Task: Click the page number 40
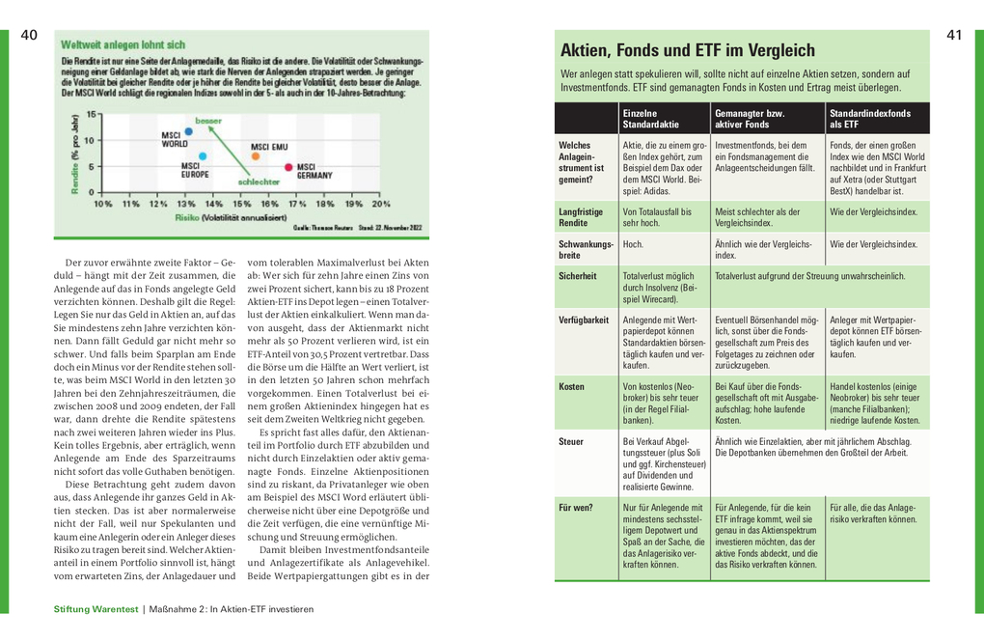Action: click(28, 36)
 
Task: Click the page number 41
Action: click(955, 36)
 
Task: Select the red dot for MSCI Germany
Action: click(288, 168)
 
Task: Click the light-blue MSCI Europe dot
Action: click(203, 155)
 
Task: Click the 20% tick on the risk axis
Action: click(381, 205)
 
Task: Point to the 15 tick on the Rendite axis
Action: click(93, 114)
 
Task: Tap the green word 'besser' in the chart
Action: click(208, 120)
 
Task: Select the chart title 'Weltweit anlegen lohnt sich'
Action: click(123, 44)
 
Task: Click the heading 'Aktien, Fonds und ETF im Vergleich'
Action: click(688, 50)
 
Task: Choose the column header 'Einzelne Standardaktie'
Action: click(651, 119)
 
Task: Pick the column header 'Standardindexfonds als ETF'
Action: click(869, 119)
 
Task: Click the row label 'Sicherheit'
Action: click(577, 275)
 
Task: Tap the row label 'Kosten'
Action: click(571, 386)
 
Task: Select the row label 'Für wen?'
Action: click(575, 507)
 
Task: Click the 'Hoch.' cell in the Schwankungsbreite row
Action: click(633, 244)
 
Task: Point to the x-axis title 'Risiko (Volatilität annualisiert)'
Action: click(222, 218)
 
